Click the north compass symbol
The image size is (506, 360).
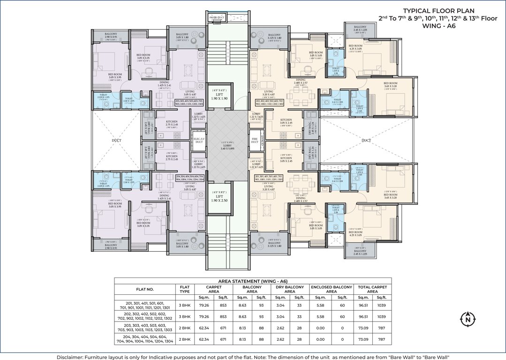(x=467, y=320)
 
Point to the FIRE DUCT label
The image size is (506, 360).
(x=255, y=140)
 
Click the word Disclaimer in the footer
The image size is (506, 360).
(x=72, y=356)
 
